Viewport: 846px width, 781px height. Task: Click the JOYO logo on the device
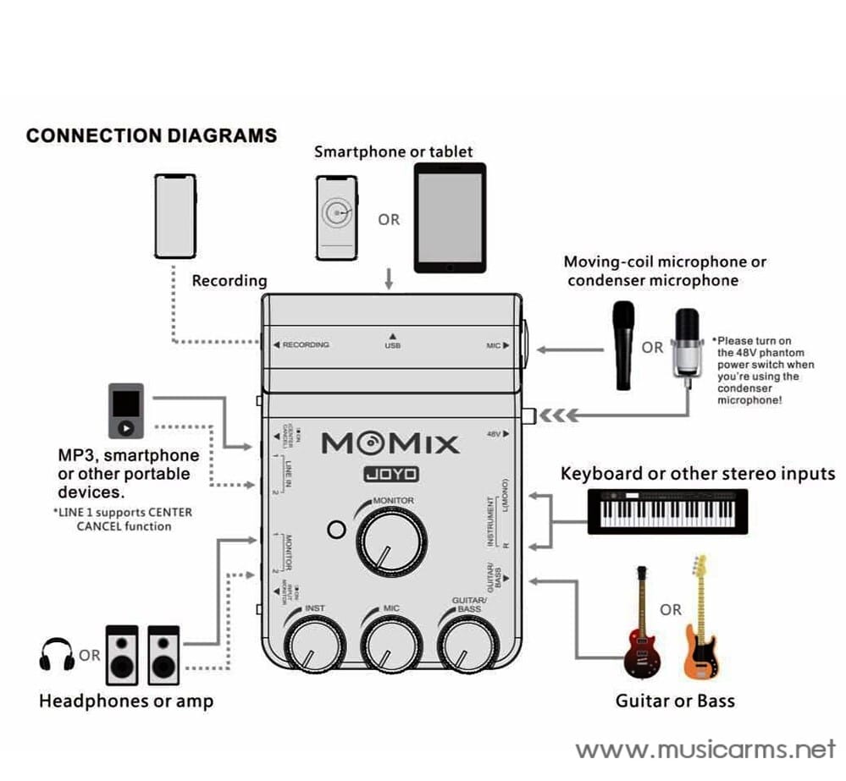[390, 475]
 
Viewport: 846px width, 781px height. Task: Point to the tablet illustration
[450, 217]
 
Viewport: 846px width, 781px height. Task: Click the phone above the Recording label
[174, 217]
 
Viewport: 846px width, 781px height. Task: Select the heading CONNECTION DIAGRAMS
[152, 135]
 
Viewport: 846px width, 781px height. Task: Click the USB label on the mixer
[392, 346]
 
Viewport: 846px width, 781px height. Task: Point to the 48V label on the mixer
[495, 434]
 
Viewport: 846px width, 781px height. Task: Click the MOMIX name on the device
[390, 443]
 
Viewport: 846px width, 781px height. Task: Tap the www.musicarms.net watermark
[705, 750]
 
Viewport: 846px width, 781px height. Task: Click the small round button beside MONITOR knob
[336, 531]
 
